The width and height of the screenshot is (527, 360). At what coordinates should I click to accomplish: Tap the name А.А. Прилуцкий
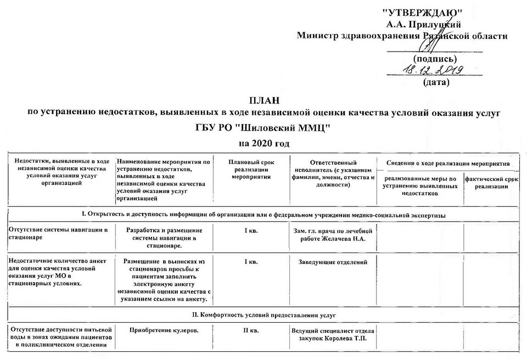pyautogui.click(x=423, y=24)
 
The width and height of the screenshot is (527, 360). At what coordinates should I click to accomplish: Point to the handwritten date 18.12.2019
pyautogui.click(x=433, y=70)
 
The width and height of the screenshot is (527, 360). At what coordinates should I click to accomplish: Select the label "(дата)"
pyautogui.click(x=436, y=82)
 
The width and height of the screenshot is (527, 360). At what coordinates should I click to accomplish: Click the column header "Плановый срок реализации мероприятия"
pyautogui.click(x=251, y=170)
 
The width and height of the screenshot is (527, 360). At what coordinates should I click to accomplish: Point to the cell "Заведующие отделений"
pyautogui.click(x=333, y=262)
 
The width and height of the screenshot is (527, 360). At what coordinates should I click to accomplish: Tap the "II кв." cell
pyautogui.click(x=251, y=330)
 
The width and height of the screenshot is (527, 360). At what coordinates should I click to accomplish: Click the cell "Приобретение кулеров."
pyautogui.click(x=164, y=330)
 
